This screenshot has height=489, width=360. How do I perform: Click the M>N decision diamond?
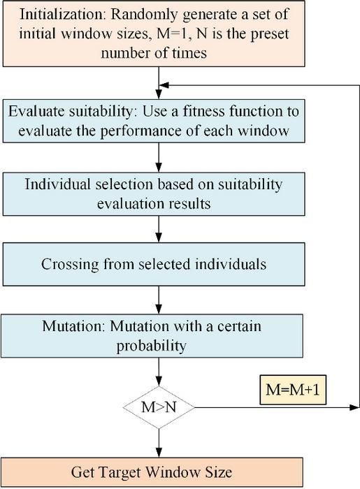click(x=159, y=407)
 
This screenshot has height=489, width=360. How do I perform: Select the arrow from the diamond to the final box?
click(x=159, y=439)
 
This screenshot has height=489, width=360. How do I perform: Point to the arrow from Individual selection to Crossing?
click(x=159, y=228)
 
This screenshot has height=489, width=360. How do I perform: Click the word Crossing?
click(x=69, y=265)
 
